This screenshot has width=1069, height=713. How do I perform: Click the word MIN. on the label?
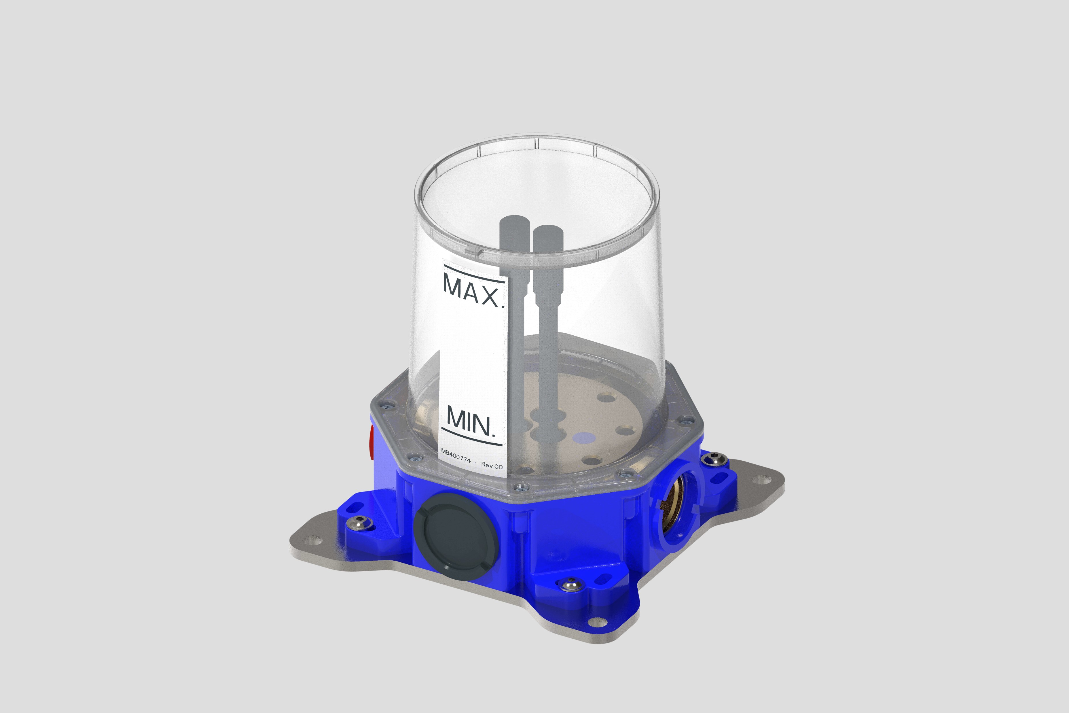(470, 421)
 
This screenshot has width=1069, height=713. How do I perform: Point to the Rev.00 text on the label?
(492, 466)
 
